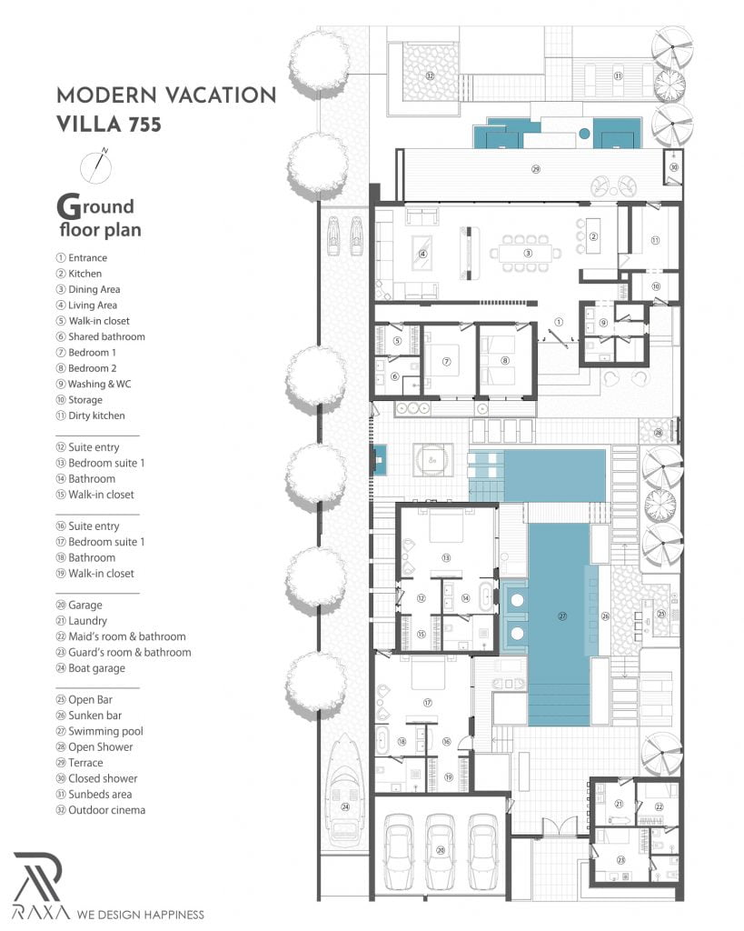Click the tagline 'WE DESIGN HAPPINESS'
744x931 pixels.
pyautogui.click(x=140, y=915)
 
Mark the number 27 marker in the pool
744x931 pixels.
pyautogui.click(x=562, y=616)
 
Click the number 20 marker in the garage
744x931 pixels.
pyautogui.click(x=441, y=850)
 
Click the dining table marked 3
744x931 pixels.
pyautogui.click(x=528, y=254)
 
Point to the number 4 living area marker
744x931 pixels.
pyautogui.click(x=423, y=254)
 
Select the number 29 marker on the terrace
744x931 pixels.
pyautogui.click(x=535, y=170)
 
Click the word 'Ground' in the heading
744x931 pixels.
pyautogui.click(x=95, y=205)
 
